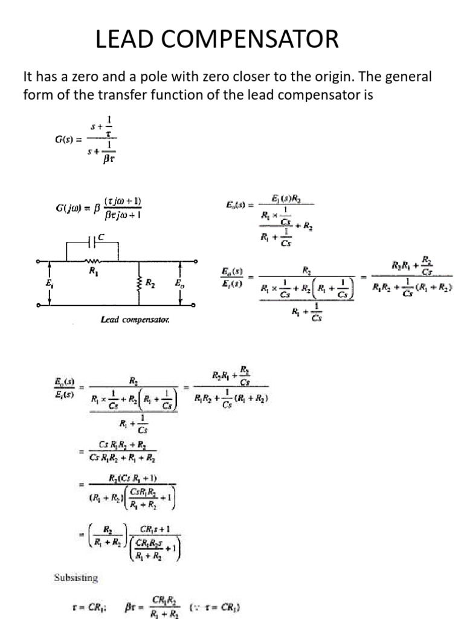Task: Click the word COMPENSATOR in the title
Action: point(255,40)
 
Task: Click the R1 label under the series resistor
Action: point(93,271)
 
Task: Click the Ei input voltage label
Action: point(48,283)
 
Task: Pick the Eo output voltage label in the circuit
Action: point(179,283)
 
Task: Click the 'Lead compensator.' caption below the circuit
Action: point(135,320)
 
